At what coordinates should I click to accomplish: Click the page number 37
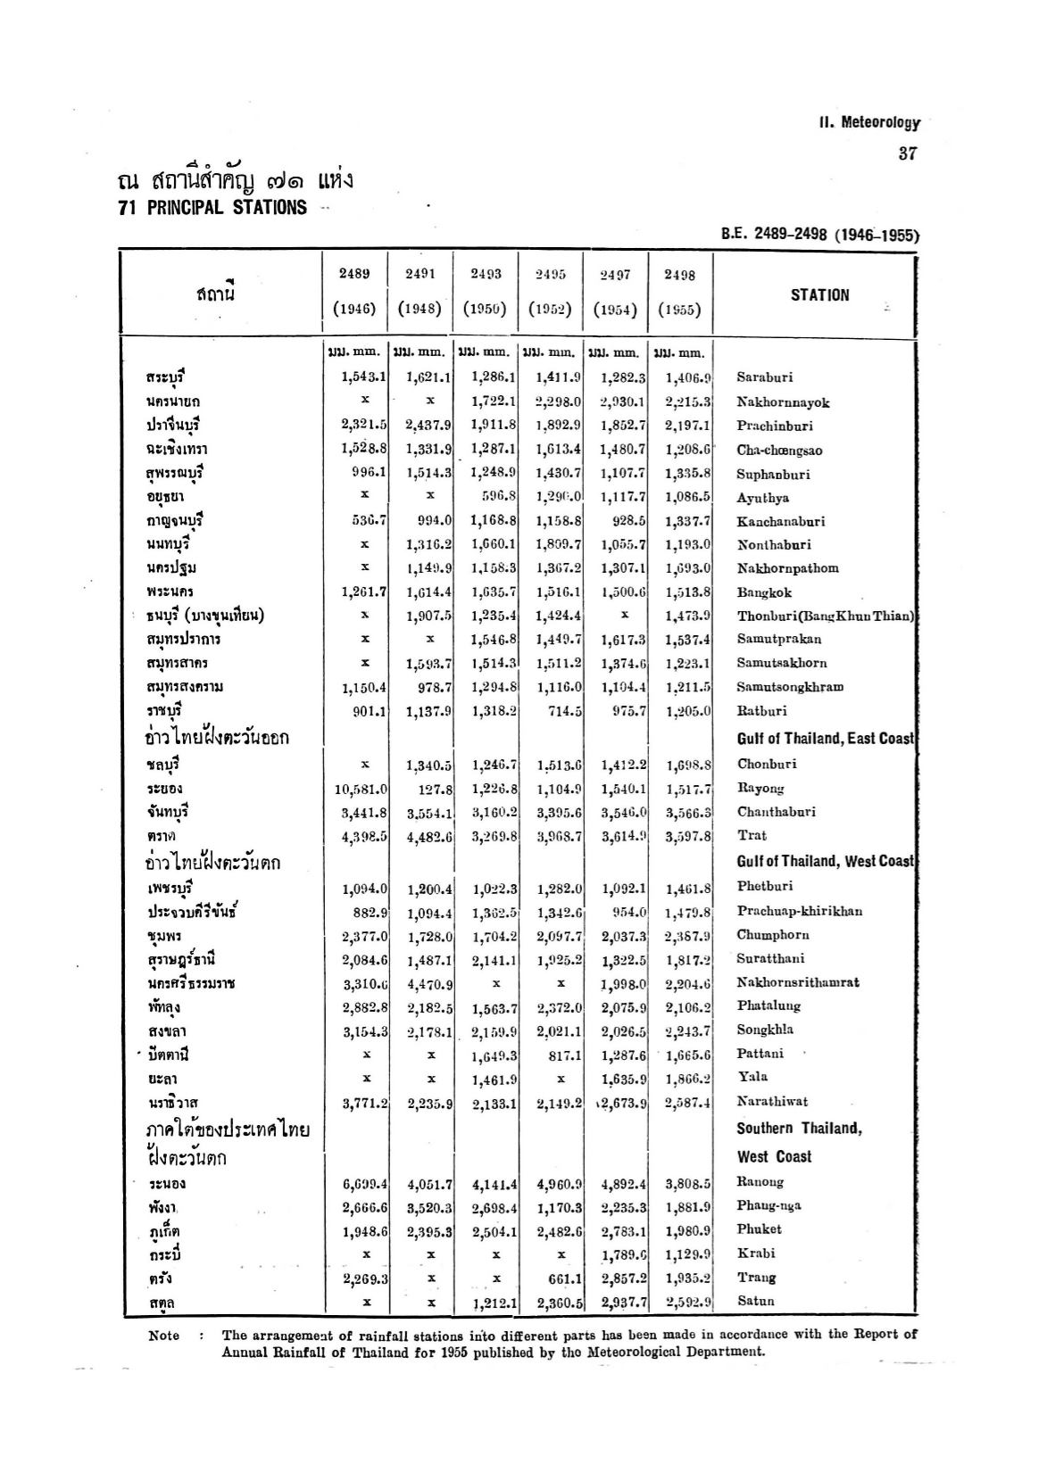click(908, 153)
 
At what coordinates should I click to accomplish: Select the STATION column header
click(819, 295)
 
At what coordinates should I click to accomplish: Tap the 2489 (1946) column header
click(353, 292)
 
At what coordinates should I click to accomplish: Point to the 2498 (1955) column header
click(679, 293)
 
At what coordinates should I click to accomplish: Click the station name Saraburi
click(764, 378)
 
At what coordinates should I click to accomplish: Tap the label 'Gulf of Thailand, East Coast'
click(826, 739)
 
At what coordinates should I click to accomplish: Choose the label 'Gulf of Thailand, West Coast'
click(826, 862)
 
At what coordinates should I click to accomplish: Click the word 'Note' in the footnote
click(163, 1336)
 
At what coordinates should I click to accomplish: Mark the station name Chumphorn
click(772, 935)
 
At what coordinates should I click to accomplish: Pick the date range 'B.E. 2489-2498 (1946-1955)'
click(819, 236)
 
